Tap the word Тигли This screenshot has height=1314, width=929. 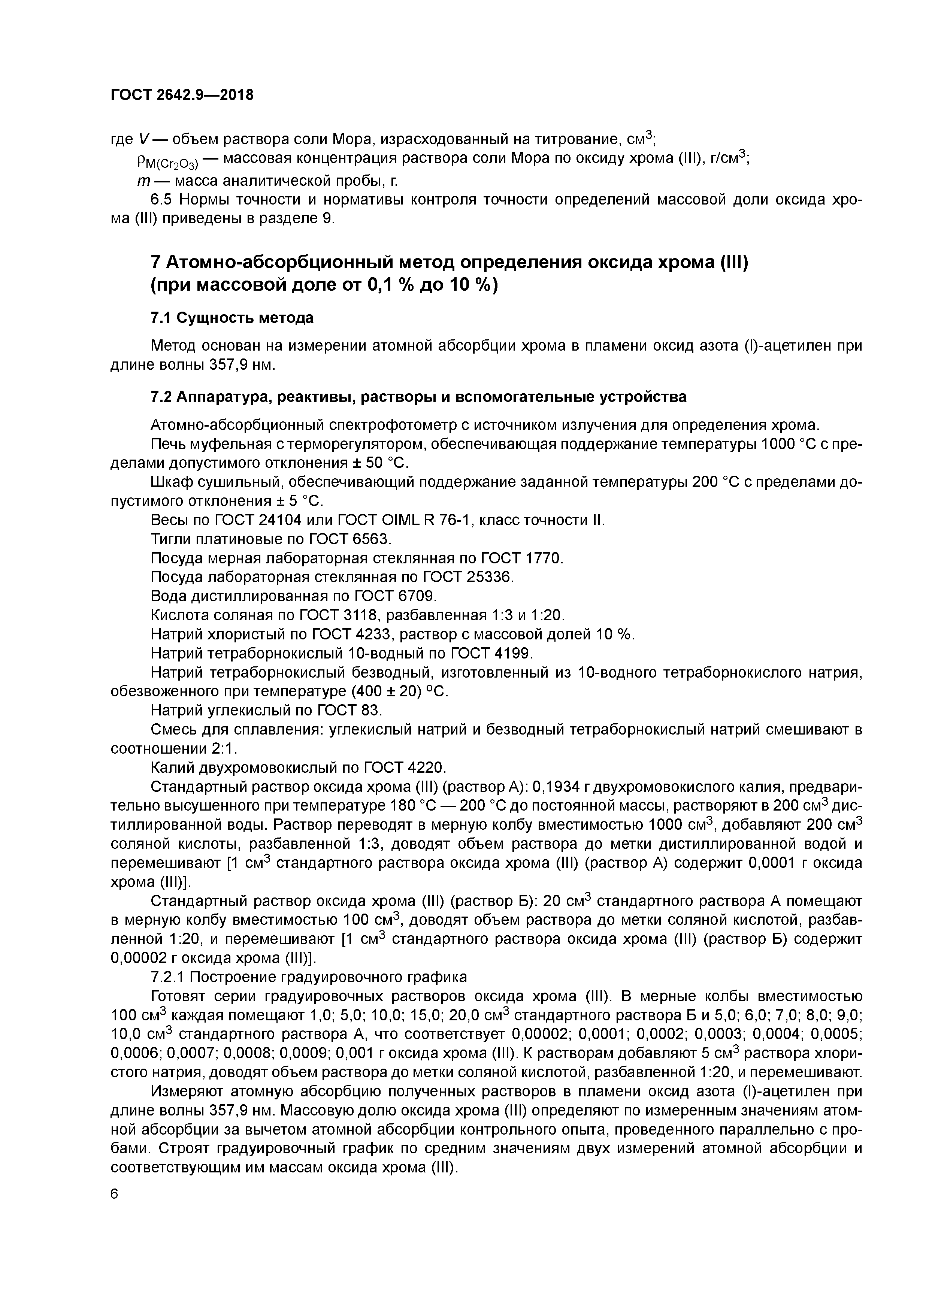(x=170, y=539)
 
